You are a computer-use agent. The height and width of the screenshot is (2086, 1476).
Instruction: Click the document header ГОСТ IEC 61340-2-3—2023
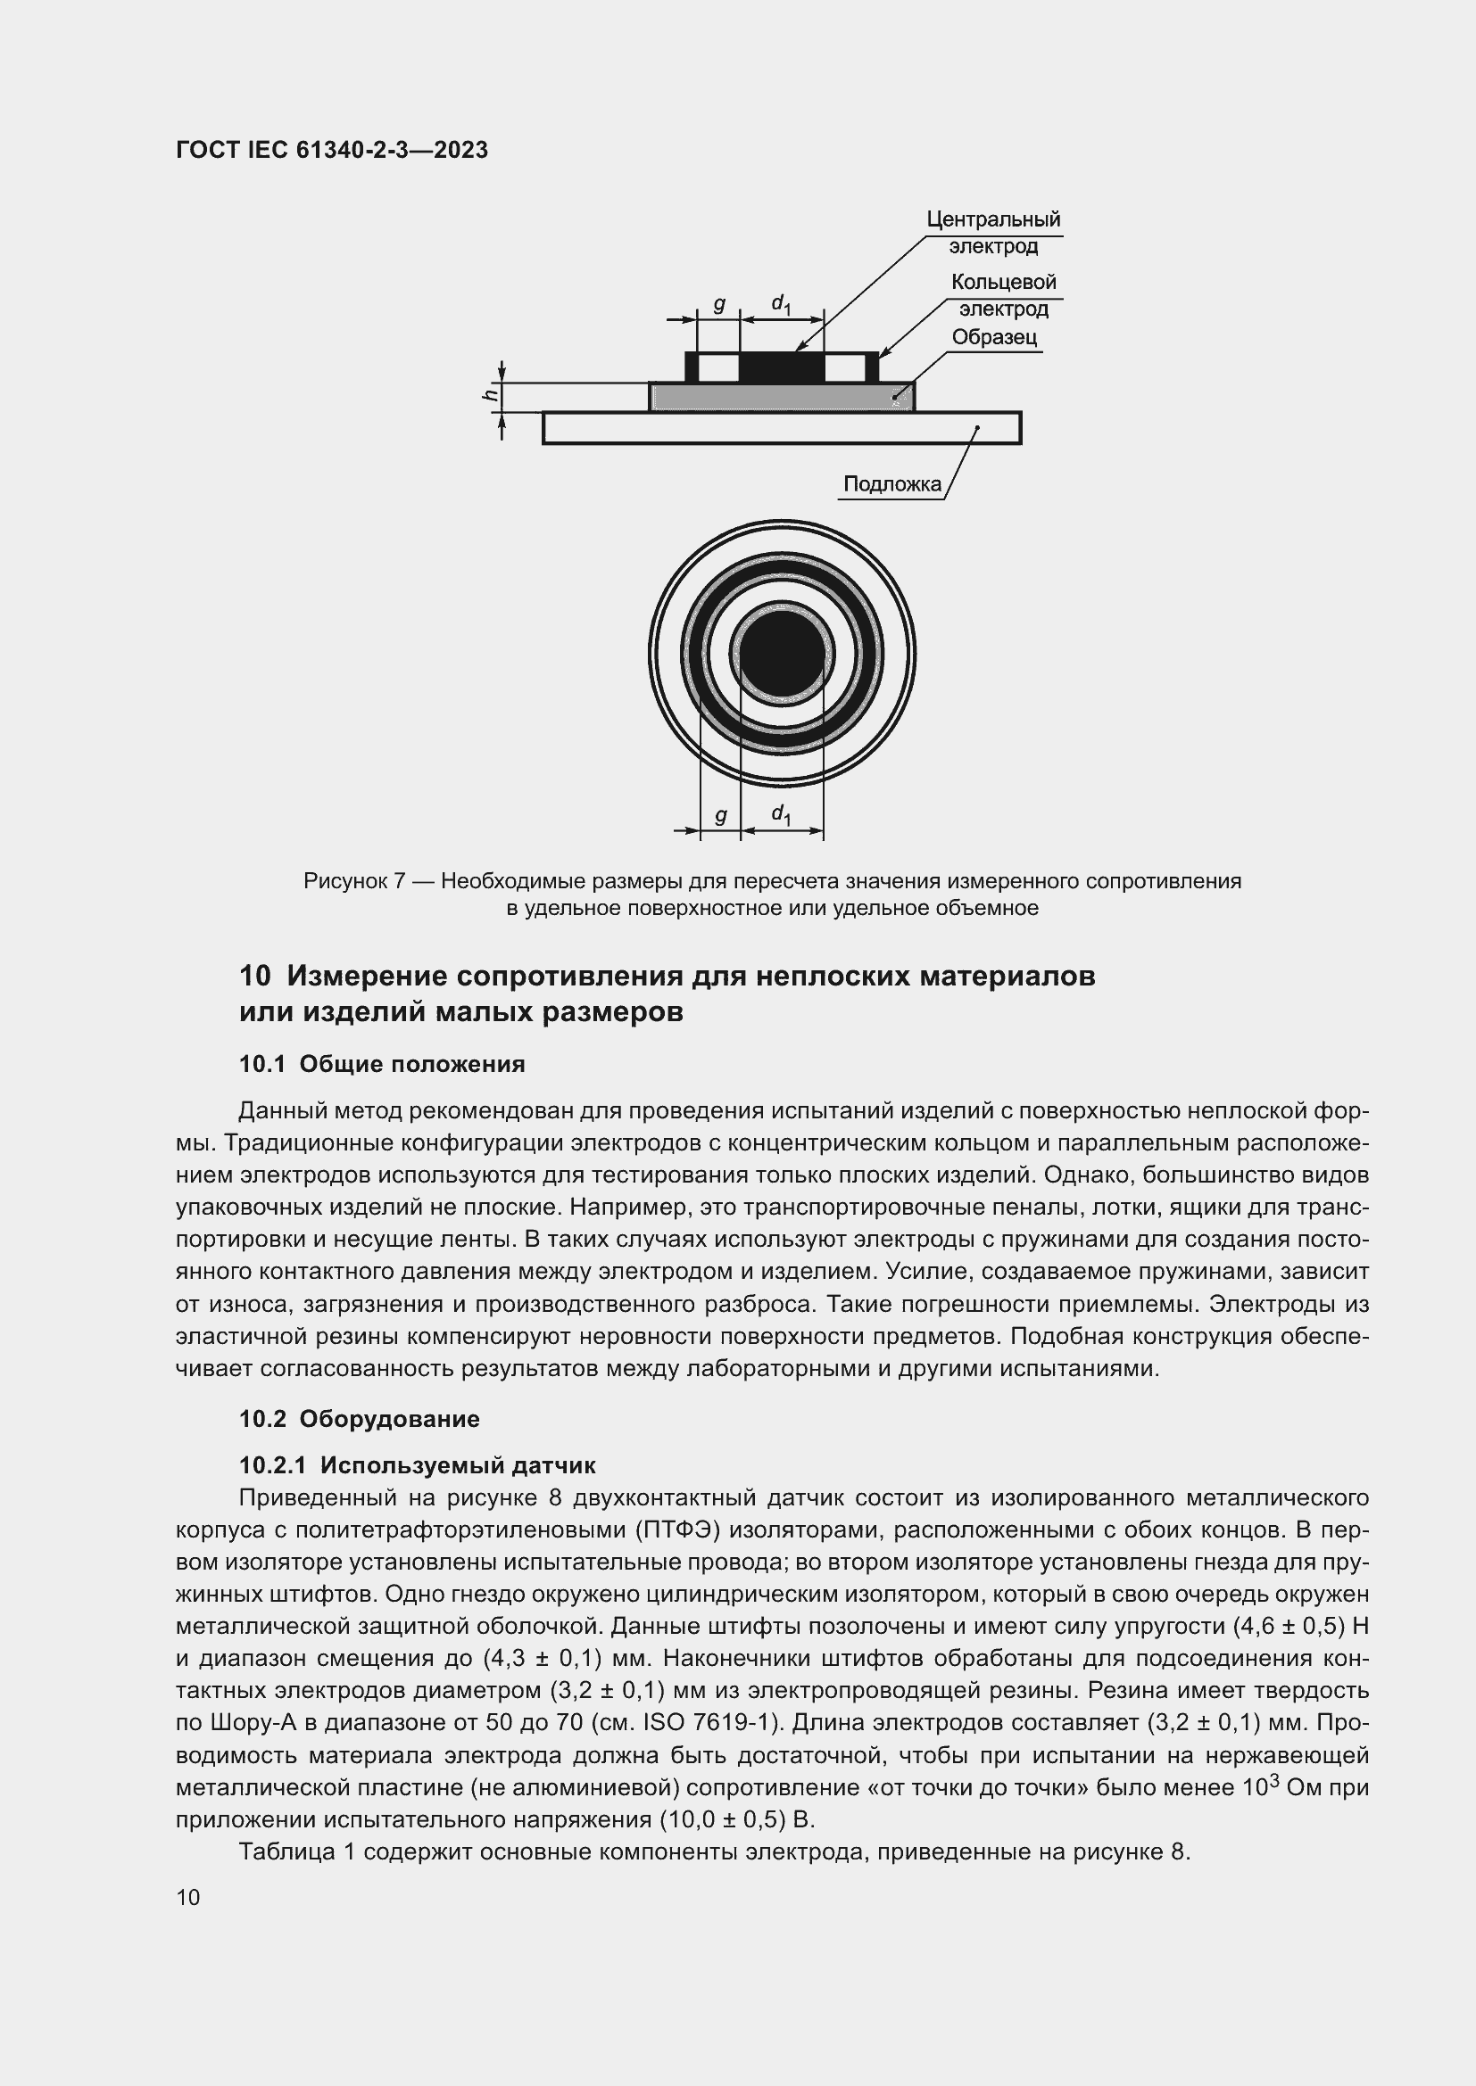(x=332, y=150)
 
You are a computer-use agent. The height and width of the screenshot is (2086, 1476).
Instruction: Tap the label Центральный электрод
(x=992, y=233)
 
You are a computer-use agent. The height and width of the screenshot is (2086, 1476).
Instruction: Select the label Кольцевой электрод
(x=1003, y=295)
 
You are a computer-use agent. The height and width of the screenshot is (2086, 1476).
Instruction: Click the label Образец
(x=994, y=337)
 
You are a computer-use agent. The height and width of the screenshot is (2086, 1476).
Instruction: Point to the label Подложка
(x=891, y=484)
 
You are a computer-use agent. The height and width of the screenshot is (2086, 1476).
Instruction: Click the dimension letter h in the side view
(x=490, y=393)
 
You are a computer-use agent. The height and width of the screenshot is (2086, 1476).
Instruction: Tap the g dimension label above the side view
(x=719, y=304)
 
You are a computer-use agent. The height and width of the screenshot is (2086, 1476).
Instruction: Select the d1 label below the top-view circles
(x=781, y=814)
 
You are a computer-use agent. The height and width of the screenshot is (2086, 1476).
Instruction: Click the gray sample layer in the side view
(x=782, y=397)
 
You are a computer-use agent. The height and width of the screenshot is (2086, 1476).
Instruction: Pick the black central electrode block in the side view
(x=782, y=367)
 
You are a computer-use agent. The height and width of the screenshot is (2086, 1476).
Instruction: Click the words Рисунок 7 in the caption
(x=354, y=881)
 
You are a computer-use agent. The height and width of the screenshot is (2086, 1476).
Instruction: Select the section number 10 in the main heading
(x=255, y=976)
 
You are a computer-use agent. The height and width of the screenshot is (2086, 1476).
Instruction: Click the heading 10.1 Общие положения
(x=382, y=1064)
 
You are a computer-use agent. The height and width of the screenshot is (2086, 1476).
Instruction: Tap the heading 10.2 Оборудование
(x=359, y=1418)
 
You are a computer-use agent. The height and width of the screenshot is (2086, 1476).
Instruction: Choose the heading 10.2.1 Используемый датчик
(x=417, y=1464)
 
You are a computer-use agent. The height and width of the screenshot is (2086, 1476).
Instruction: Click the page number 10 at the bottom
(x=188, y=1897)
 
